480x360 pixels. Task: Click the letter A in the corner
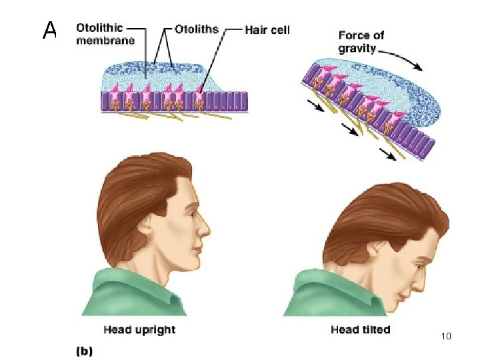click(x=49, y=30)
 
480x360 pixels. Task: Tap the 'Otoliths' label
click(x=196, y=29)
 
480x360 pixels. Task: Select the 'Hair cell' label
click(x=267, y=29)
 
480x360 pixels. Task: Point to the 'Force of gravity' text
click(x=361, y=41)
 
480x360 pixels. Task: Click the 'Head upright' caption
click(x=139, y=329)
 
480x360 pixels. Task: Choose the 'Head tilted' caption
click(x=360, y=329)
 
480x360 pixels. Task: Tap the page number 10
click(x=447, y=336)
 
